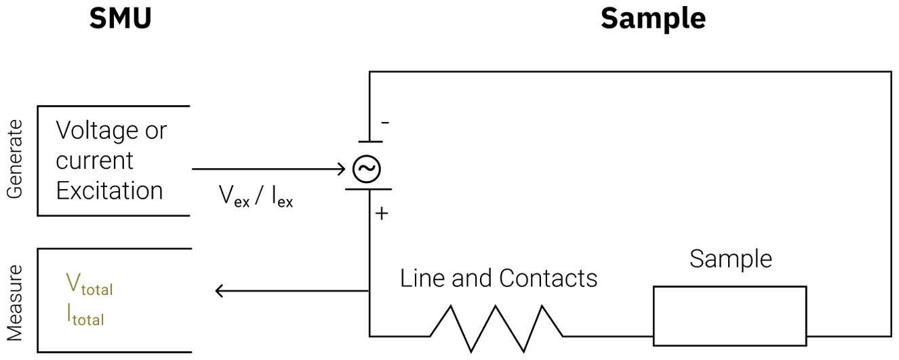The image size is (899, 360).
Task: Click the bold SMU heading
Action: coord(121,18)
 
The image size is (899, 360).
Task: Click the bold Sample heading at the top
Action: coord(653,18)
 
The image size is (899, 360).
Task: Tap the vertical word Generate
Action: coord(14,159)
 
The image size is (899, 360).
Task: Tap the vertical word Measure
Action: coord(14,303)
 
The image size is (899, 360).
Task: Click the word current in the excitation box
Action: coord(94,161)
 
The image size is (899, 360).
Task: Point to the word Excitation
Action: coord(109,191)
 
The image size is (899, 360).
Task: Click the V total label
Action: coord(89,284)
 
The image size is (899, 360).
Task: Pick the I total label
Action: coord(85,315)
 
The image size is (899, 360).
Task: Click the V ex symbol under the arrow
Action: coord(234,196)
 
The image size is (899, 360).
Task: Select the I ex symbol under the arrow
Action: coord(283,196)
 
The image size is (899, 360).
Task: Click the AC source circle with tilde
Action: coord(366,169)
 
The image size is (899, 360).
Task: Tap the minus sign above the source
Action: coord(385,123)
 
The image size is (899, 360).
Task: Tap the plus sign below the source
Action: coord(382,214)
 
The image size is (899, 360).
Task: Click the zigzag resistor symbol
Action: coord(496,329)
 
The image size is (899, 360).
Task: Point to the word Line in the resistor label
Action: coord(422,278)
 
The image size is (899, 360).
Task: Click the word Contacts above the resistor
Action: coord(548,278)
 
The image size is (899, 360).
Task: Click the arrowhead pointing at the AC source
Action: coord(341,169)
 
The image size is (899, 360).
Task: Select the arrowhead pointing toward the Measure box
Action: coord(219,291)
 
